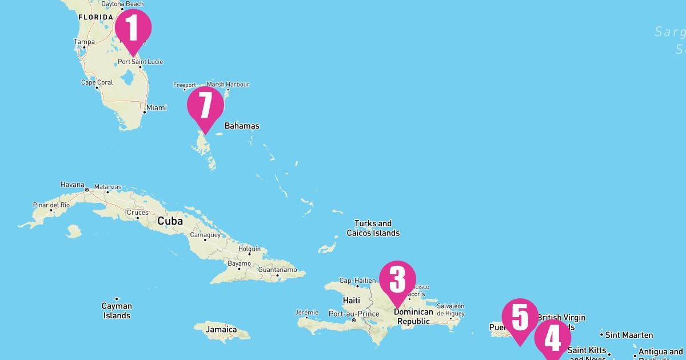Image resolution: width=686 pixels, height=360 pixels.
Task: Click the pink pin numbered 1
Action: coord(133,28)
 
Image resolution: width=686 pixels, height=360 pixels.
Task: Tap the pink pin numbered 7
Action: coord(205,105)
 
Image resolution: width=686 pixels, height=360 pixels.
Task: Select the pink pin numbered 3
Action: coord(397,279)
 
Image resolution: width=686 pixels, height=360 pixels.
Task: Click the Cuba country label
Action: coord(170,221)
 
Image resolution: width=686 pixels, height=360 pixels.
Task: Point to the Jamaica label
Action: coord(221,329)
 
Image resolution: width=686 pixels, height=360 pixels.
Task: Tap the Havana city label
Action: coord(72,185)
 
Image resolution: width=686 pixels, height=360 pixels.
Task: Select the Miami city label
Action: coord(156,107)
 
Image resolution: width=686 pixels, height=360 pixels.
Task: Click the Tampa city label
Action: coord(84,42)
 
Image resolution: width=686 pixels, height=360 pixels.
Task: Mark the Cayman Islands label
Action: coord(117,311)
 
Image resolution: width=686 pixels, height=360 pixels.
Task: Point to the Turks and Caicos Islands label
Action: coord(373,228)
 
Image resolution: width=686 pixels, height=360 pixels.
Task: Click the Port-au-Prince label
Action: coord(354,314)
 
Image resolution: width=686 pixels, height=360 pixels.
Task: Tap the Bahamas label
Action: coord(242,126)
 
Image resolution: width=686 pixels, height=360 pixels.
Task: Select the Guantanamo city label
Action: coord(277,270)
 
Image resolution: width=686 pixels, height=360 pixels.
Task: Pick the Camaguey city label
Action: coord(205,235)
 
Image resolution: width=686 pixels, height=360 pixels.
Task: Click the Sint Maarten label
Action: coord(629,335)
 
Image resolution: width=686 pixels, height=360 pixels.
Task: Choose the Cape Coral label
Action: coord(97,82)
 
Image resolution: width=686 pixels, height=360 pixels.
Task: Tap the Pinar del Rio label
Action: coord(51,205)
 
